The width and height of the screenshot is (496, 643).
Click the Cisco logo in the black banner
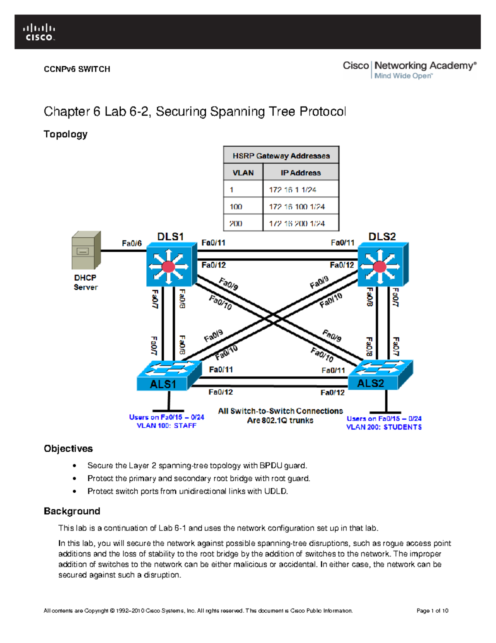[39, 32]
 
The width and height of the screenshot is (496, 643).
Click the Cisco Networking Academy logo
[409, 70]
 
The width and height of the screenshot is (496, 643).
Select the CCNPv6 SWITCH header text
[77, 69]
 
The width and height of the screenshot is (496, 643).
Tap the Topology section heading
[65, 134]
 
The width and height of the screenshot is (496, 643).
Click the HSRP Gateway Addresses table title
[281, 156]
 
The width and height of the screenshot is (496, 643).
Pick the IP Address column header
[300, 173]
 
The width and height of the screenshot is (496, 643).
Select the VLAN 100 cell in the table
[236, 206]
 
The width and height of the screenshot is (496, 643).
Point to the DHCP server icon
[86, 250]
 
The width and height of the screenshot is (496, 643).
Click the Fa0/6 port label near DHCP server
[131, 243]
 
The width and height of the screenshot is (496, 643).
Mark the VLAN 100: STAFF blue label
[167, 426]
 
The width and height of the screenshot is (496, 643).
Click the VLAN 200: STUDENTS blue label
[384, 427]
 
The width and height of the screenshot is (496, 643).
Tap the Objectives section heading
[68, 449]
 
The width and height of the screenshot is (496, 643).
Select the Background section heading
[72, 511]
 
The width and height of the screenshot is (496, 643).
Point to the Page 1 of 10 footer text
[432, 611]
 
